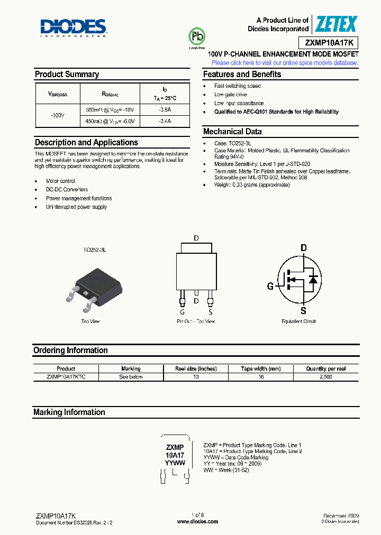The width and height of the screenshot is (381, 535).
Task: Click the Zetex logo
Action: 337,24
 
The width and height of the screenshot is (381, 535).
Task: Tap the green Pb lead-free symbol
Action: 197,36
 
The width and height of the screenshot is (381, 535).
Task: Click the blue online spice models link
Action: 285,62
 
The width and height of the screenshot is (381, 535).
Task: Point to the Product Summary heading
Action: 67,75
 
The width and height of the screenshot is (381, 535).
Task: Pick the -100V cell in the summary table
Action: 57,115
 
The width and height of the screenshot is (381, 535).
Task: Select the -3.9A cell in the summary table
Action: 165,109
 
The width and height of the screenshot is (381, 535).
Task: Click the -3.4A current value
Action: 165,121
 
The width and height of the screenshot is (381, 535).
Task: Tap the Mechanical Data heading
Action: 232,132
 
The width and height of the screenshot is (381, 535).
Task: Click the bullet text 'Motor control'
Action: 60,181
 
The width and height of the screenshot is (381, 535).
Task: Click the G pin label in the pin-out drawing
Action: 182,312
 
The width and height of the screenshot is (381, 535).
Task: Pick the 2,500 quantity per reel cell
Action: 325,377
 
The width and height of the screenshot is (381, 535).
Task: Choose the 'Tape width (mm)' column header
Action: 260,368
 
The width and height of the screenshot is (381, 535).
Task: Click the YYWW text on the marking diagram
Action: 175,463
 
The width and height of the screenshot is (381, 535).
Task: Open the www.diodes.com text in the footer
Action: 197,521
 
